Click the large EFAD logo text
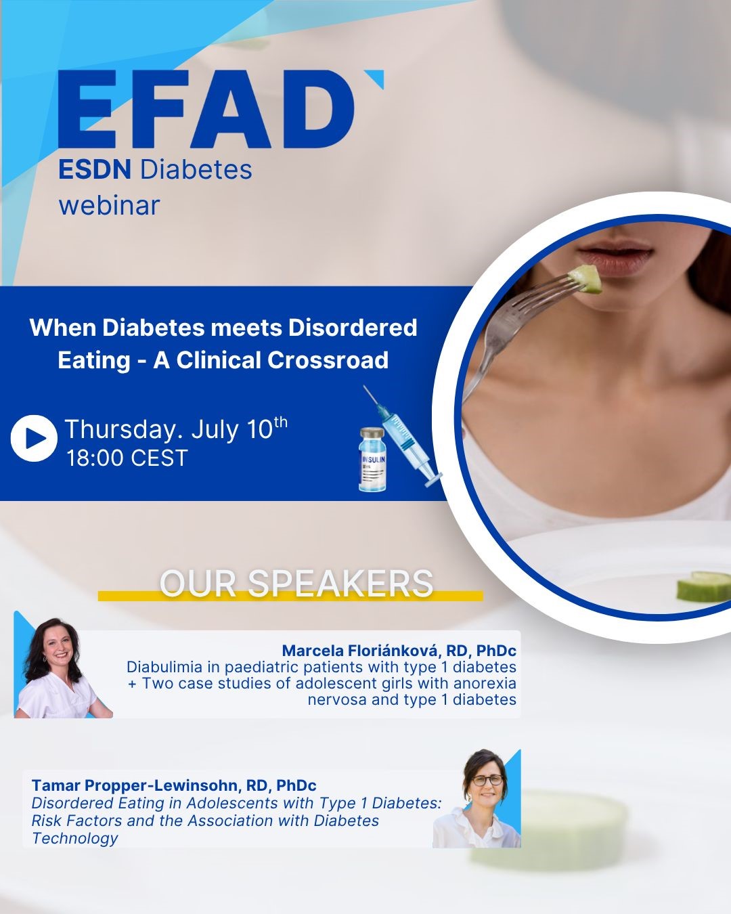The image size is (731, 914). click(x=206, y=109)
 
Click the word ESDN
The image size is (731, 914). click(x=95, y=169)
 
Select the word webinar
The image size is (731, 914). click(x=109, y=206)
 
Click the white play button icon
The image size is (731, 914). click(x=34, y=438)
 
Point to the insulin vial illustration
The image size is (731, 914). click(x=372, y=460)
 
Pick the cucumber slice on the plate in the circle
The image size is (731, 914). click(x=703, y=586)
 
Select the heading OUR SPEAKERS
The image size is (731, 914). click(x=296, y=584)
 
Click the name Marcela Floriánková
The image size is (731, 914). click(x=363, y=651)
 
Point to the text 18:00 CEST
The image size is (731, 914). click(x=127, y=458)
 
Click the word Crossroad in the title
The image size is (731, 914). click(x=328, y=360)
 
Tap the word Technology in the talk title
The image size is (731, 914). click(x=74, y=838)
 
